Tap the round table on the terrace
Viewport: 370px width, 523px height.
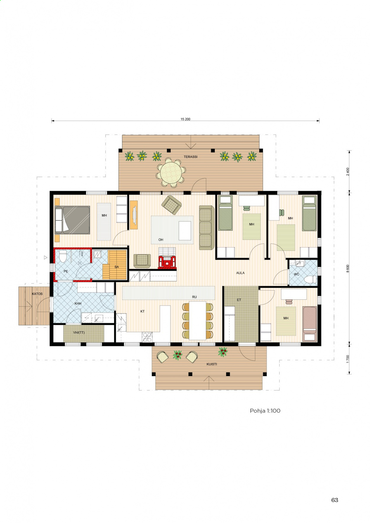[171, 173]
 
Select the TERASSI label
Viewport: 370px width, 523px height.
[190, 157]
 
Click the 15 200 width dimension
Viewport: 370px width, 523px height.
[185, 119]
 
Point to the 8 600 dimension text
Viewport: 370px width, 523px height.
[348, 268]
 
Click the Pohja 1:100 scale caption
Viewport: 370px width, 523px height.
[265, 411]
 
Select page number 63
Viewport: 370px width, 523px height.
[334, 500]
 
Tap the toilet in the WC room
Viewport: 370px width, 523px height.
[310, 279]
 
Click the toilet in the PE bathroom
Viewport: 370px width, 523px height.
[63, 256]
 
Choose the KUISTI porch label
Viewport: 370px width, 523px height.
[212, 364]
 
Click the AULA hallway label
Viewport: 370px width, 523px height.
[240, 273]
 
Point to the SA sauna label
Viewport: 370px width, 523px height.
[117, 267]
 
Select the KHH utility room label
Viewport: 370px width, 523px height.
[78, 304]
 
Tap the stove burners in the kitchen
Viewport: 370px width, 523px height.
[147, 337]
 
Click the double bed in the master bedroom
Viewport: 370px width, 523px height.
[73, 220]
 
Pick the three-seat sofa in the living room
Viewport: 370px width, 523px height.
[207, 227]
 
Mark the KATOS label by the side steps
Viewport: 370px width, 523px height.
[37, 294]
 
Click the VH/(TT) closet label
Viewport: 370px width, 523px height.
[79, 332]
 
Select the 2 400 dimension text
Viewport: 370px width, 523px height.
[348, 172]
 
